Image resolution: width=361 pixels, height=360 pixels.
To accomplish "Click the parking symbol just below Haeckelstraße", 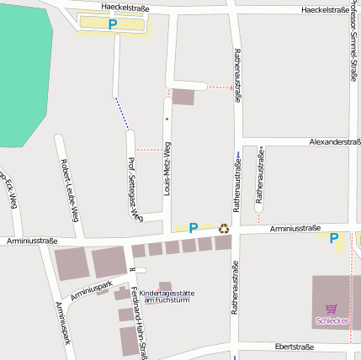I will tap(113, 25).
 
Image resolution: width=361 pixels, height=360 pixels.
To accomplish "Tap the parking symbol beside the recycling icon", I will tap(194, 228).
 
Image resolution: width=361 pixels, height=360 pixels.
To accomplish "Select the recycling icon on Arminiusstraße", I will tap(224, 228).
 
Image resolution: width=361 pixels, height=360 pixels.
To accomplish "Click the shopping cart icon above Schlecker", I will tap(331, 309).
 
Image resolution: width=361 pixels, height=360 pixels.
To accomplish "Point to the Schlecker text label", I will tap(331, 320).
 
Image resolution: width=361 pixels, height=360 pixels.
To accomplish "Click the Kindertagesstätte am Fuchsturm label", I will tap(167, 297).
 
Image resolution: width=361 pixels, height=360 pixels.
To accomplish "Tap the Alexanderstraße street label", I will tap(335, 142).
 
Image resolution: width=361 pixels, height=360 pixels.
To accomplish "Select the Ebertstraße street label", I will tap(300, 347).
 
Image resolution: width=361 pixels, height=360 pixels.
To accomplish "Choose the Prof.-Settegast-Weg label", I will tap(132, 189).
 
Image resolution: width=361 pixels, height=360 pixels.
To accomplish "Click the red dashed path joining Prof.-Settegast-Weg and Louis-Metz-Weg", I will tap(149, 150).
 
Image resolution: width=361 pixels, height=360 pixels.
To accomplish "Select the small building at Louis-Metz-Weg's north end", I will tap(183, 97).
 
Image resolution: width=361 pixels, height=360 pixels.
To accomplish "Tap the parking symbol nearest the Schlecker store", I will tap(334, 239).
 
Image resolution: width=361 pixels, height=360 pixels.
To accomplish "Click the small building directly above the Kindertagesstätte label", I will tap(165, 286).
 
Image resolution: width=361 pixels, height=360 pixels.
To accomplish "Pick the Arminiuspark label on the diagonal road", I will tap(92, 291).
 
